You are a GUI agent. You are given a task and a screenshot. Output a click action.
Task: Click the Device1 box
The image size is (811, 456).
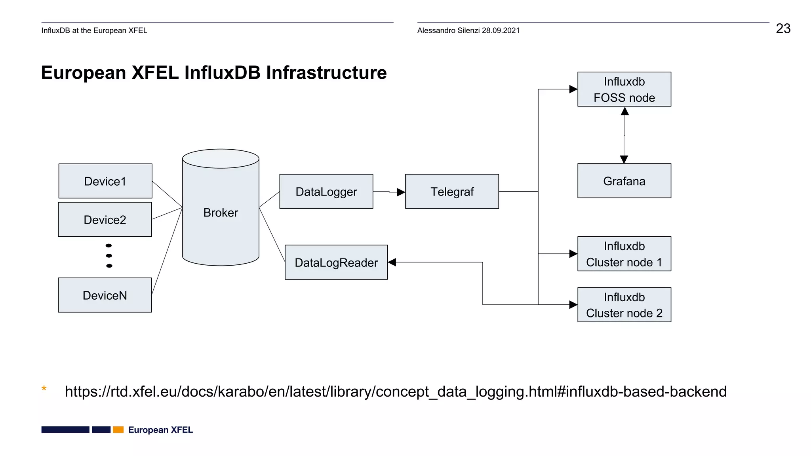[105, 181]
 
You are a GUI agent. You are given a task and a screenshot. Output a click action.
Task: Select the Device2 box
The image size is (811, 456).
[105, 220]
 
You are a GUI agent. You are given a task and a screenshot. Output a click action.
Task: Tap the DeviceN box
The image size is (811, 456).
[105, 295]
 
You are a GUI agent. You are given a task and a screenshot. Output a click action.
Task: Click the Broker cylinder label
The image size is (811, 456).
[221, 213]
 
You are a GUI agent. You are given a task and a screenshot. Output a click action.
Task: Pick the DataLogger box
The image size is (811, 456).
[326, 192]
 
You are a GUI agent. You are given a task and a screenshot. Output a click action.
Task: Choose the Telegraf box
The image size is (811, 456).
[452, 192]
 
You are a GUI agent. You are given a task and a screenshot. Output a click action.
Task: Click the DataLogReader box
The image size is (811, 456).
[336, 262]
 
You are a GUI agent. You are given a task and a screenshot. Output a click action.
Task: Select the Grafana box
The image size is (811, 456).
[624, 181]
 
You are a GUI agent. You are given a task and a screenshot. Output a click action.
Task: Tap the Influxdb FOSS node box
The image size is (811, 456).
[624, 89]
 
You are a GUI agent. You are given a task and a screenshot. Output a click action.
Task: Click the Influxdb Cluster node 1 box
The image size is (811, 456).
[624, 254]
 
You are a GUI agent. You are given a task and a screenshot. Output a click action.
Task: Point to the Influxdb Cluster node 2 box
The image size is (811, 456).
[624, 305]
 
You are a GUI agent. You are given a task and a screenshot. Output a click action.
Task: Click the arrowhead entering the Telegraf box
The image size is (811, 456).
[401, 192]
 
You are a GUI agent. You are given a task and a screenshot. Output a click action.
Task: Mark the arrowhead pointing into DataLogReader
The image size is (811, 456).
[392, 262]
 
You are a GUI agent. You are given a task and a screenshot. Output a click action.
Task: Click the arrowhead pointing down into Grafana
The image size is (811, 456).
[624, 160]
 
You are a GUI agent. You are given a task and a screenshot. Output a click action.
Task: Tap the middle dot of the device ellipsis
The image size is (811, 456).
[109, 256]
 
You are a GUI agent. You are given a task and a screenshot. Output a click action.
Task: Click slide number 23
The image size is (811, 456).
[783, 28]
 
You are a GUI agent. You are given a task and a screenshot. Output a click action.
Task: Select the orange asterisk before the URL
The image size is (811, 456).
[44, 389]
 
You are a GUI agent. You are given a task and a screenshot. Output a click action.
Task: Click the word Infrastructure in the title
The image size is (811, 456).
[326, 73]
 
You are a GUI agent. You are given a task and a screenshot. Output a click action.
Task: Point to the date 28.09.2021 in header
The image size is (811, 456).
[501, 30]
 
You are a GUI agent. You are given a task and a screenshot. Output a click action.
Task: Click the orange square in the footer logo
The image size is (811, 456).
[118, 429]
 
